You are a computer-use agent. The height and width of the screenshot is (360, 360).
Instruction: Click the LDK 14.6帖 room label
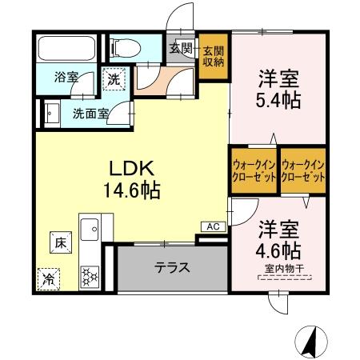133,179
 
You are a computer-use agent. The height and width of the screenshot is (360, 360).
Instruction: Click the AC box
213,226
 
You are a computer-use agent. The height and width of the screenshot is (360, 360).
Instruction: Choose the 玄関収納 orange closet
213,56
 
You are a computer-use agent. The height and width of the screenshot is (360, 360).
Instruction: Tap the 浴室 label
66,78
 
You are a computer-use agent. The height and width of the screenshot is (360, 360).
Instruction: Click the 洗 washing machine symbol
114,80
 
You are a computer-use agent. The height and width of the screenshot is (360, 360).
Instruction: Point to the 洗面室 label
89,114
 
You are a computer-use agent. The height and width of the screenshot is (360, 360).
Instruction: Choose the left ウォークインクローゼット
254,170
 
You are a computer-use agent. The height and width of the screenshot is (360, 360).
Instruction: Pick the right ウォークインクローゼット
303,170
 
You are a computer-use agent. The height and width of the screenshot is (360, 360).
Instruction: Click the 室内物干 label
284,270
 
